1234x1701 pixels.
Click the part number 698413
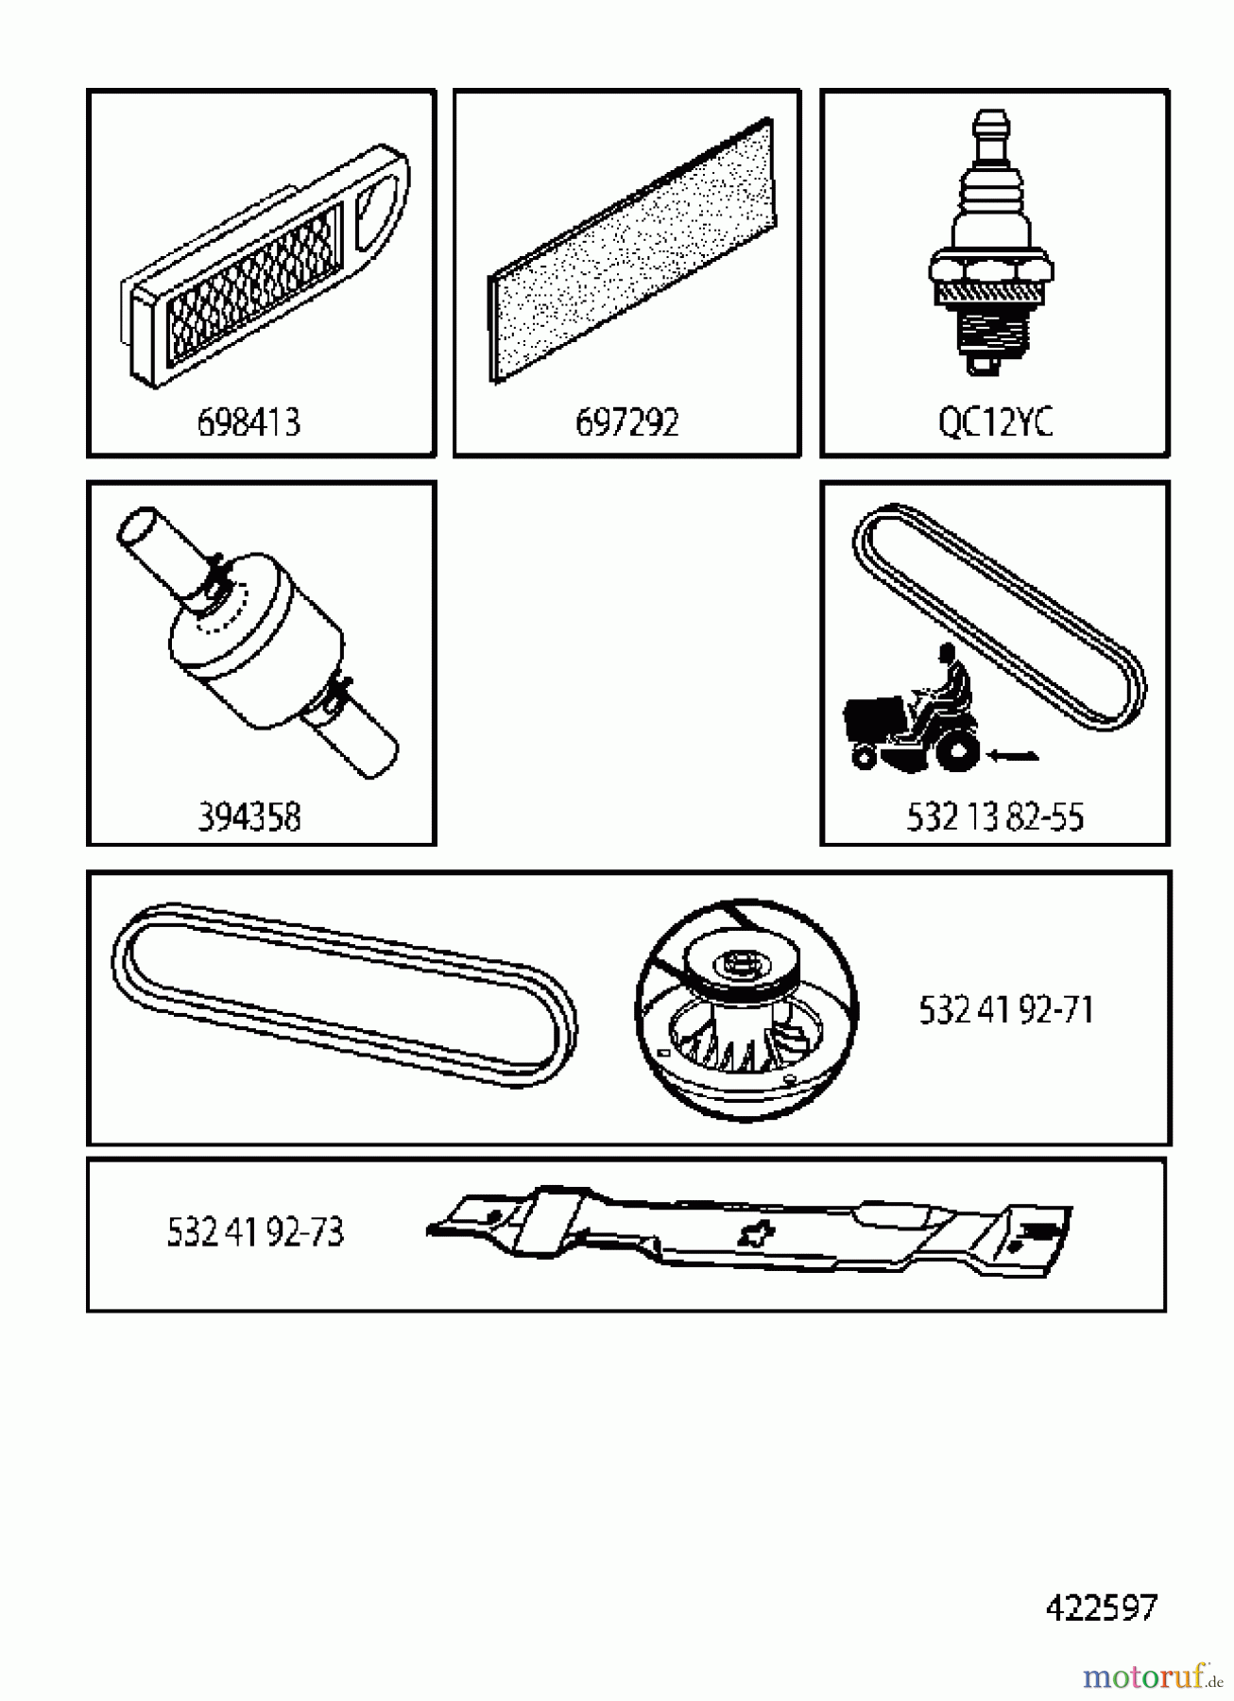[x=249, y=421]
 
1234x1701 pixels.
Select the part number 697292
[x=626, y=421]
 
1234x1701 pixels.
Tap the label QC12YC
[x=995, y=421]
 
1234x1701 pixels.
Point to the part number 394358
[x=249, y=816]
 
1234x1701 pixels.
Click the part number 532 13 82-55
[x=995, y=816]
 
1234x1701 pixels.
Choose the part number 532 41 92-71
[x=1006, y=1010]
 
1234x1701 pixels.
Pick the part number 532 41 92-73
[x=255, y=1232]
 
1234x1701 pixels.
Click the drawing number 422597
[x=1101, y=1607]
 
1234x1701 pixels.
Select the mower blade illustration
[x=751, y=1233]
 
